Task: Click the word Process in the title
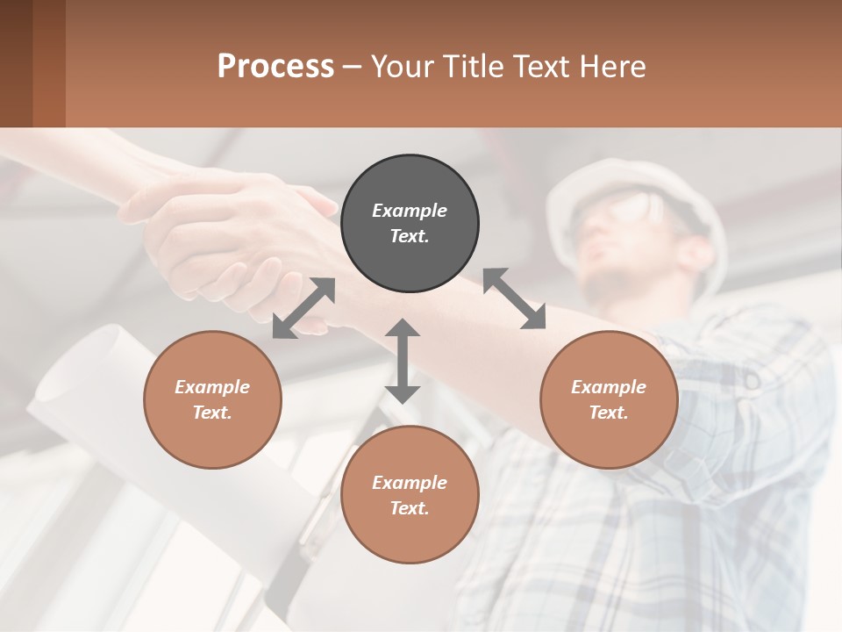275,66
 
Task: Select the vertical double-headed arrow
403,361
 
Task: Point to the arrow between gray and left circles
303,308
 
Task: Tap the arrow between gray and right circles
514,298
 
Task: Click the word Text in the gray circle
410,236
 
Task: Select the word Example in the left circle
212,387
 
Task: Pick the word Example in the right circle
609,387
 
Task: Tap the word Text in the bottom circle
410,508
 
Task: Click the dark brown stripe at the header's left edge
16,63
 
